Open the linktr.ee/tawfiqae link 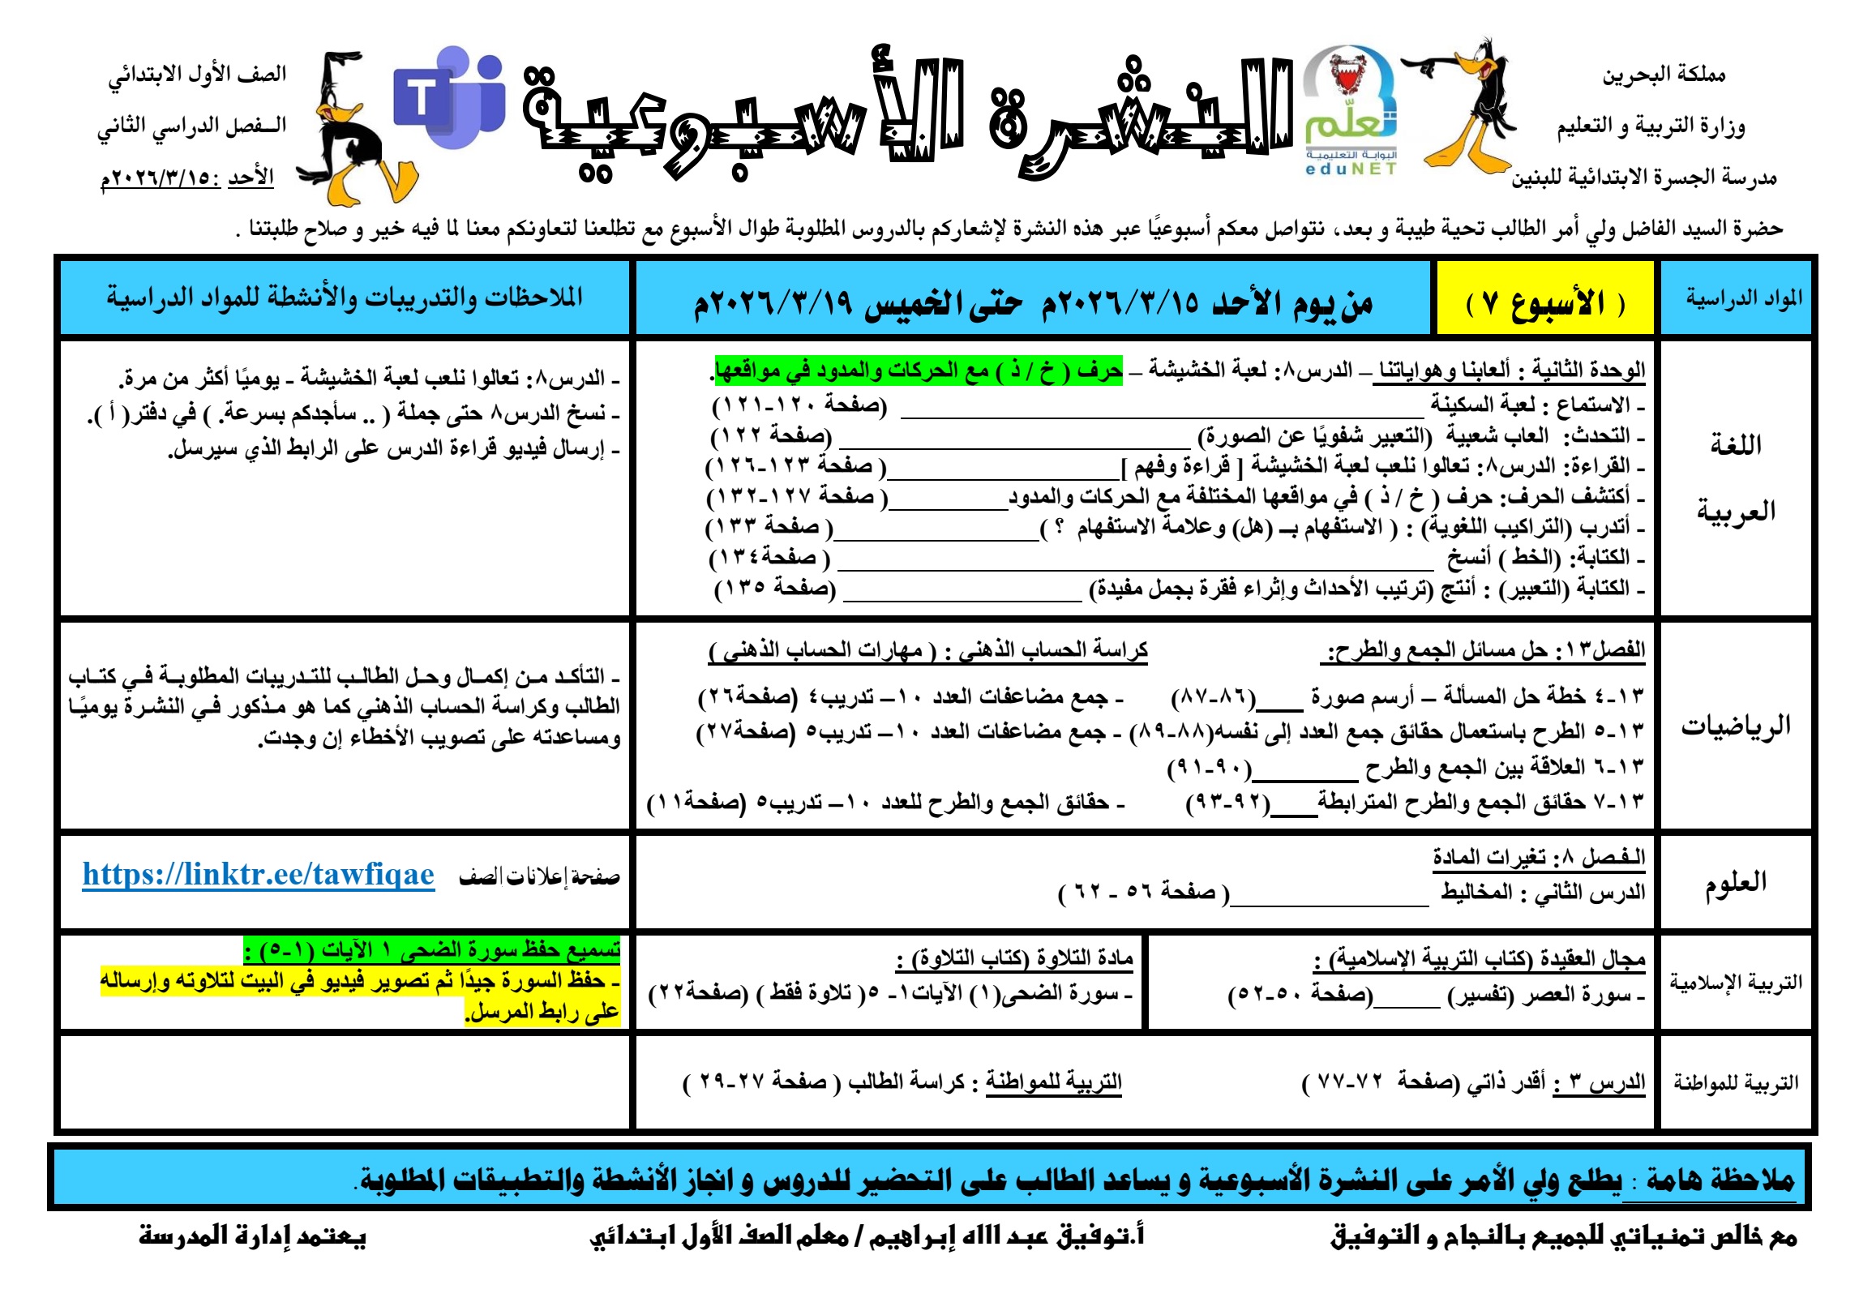tap(259, 875)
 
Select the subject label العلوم tap(1735, 881)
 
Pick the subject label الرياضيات tap(1735, 726)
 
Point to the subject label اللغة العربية tap(1735, 478)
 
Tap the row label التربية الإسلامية tap(1735, 983)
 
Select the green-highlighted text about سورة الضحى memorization tap(432, 949)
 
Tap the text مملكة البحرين tap(1664, 75)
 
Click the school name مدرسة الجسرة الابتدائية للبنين tap(1643, 178)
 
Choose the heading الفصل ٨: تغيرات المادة tap(1538, 857)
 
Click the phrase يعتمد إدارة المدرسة tap(252, 1236)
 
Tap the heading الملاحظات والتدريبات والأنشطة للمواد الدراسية tap(345, 298)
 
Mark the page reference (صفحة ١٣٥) tap(774, 588)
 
